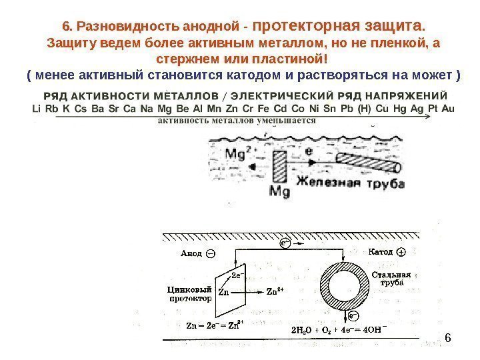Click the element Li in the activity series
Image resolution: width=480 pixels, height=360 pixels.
(36, 109)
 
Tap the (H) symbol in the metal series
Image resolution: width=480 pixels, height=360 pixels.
(364, 109)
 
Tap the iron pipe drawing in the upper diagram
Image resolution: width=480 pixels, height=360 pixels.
(369, 161)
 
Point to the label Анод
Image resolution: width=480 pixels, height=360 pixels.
(191, 254)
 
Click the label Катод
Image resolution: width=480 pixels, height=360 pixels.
(381, 253)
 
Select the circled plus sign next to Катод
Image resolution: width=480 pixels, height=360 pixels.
(401, 253)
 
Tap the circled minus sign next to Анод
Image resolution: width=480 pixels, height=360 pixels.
(211, 254)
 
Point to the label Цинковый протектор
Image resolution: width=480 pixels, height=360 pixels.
(189, 295)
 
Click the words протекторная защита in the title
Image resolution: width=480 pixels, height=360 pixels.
(338, 27)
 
